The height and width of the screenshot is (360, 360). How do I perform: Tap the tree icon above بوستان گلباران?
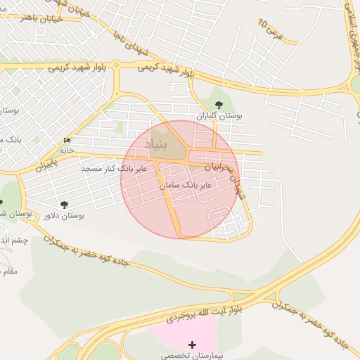(219, 104)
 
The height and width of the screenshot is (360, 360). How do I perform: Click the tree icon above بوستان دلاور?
(65, 203)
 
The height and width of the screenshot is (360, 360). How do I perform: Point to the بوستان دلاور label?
(64, 215)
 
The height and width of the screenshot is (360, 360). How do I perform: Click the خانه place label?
(67, 150)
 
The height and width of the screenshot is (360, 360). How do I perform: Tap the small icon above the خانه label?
(67, 139)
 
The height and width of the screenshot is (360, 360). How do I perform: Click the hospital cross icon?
(193, 345)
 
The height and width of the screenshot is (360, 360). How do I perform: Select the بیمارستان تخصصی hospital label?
(193, 356)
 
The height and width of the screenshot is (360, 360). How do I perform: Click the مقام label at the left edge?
(9, 270)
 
